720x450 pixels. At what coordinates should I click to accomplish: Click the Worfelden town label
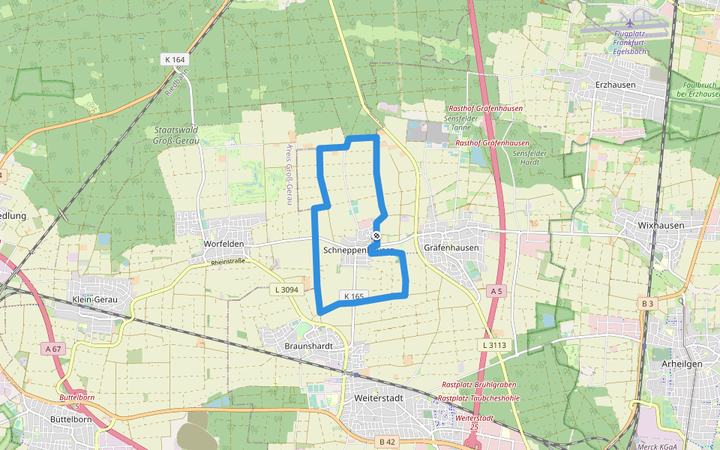coord(224,244)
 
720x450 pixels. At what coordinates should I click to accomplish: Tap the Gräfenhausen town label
coord(451,247)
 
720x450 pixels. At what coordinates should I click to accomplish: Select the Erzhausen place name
coord(615,85)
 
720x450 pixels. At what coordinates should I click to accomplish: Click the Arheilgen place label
coord(682,364)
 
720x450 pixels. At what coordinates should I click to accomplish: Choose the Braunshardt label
coord(308,346)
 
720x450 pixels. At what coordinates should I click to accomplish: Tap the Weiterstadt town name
coord(379,397)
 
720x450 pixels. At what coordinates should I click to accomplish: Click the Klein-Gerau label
coord(96,299)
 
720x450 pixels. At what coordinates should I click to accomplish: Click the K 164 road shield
coord(174,58)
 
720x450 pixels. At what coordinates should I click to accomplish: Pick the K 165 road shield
coord(354,296)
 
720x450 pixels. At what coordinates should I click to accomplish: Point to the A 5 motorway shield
coord(495,290)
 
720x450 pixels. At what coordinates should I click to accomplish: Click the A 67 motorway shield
coord(52,348)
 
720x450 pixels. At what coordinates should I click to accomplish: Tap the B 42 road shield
coord(387,442)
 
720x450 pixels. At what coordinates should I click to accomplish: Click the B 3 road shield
coord(647,303)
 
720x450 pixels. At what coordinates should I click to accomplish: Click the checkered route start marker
coord(376,235)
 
